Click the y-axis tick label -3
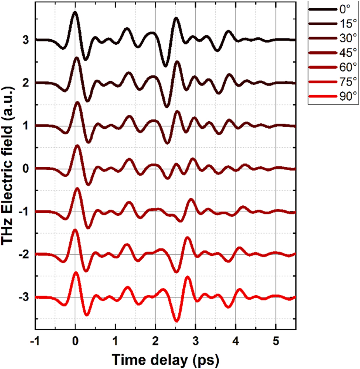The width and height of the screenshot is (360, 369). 23,297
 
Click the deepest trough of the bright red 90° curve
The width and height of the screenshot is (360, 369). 176,321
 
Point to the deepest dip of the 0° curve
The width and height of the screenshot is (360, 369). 165,66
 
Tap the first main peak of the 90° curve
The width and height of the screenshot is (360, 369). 75,273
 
